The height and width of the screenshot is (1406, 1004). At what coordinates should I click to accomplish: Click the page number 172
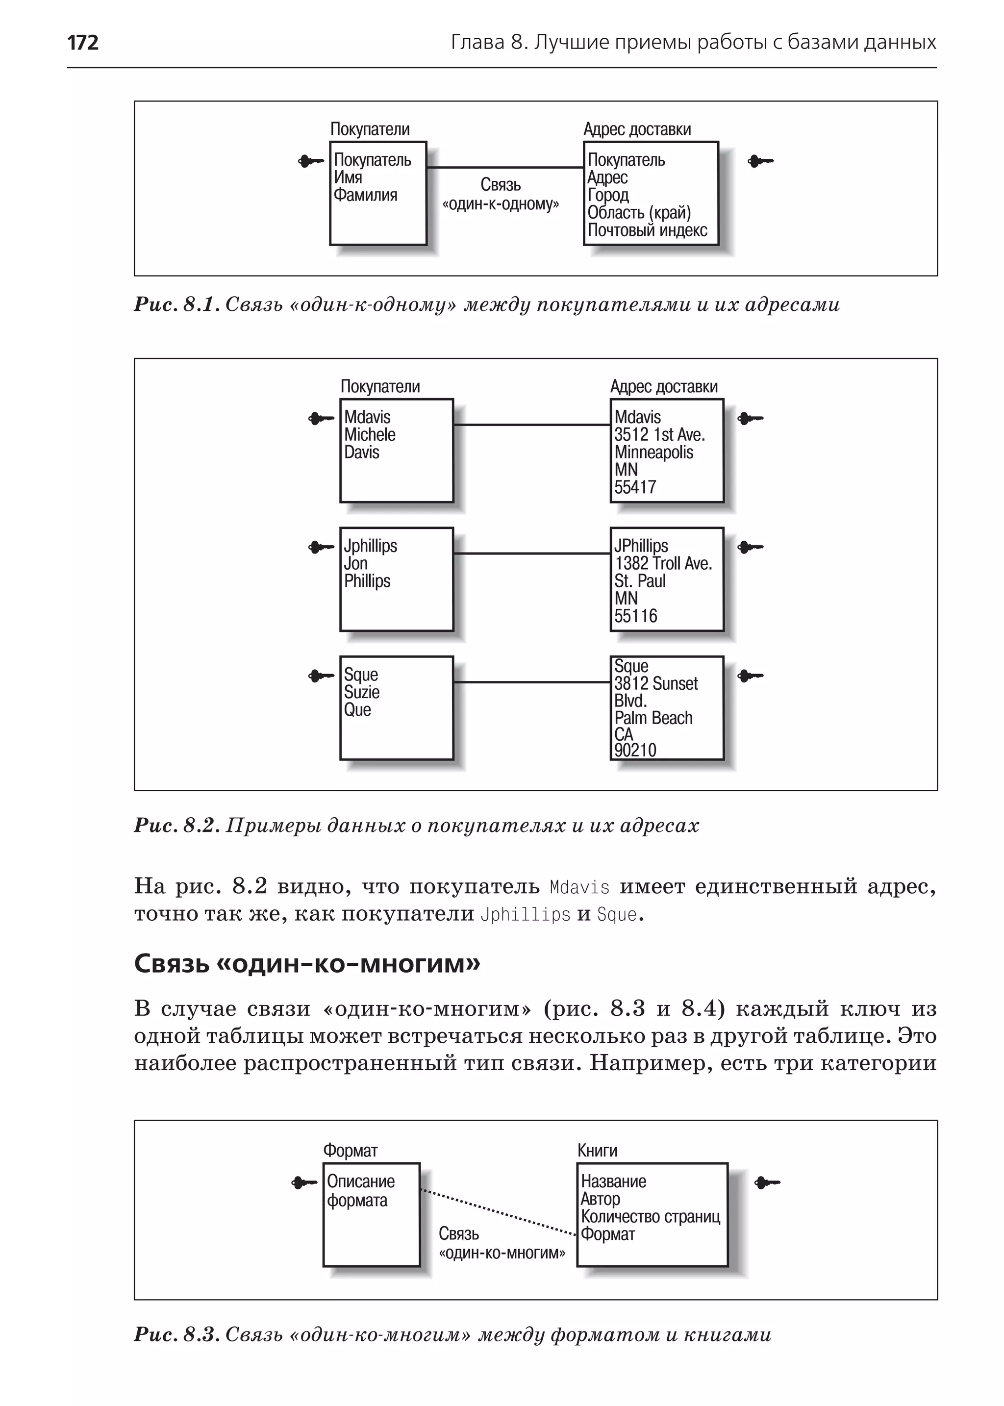[x=83, y=43]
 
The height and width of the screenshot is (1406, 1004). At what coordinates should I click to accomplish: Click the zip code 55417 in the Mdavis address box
[x=635, y=487]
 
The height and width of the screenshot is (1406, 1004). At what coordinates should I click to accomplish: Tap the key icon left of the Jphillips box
[x=321, y=547]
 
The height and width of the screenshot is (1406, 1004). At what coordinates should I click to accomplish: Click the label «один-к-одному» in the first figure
[x=501, y=204]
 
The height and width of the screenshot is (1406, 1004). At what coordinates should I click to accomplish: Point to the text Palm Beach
[x=653, y=718]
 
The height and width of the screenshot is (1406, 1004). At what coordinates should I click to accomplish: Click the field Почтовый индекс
[x=647, y=230]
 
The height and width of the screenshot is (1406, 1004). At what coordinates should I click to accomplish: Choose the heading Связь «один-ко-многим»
[x=307, y=964]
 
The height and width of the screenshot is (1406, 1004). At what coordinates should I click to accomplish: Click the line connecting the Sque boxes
[x=532, y=682]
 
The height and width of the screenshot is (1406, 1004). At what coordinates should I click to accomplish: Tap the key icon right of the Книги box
[x=767, y=1183]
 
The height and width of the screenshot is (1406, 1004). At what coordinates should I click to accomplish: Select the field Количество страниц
[x=651, y=1217]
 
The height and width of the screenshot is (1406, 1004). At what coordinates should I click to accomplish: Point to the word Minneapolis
[x=653, y=452]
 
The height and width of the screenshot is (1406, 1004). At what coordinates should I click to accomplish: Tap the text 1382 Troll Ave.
[x=663, y=563]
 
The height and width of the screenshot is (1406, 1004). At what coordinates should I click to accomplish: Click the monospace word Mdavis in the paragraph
[x=579, y=887]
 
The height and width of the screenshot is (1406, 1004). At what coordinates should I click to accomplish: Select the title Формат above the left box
[x=350, y=1151]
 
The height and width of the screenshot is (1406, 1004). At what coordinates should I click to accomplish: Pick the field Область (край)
[x=639, y=213]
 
